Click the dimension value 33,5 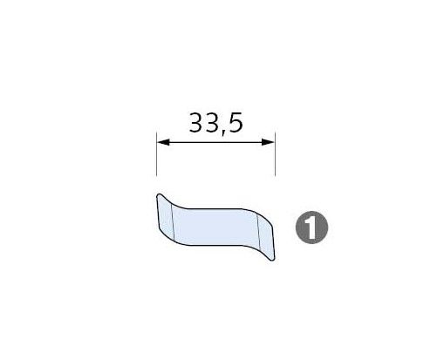click(215, 124)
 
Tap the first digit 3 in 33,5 click(197, 123)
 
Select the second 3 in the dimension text click(213, 123)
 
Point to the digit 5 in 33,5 click(236, 123)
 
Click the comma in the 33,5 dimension click(223, 132)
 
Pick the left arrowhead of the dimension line click(163, 142)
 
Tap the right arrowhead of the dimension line click(269, 142)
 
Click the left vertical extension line click(157, 154)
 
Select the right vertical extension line click(275, 154)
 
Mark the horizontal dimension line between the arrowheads click(215, 142)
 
